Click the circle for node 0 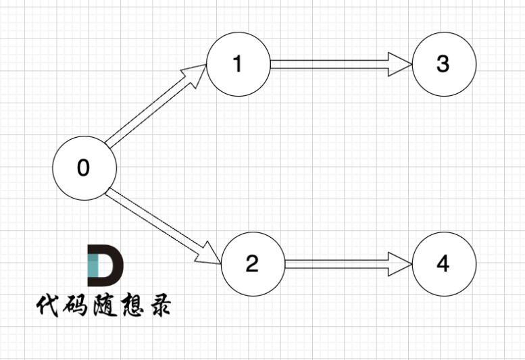coord(84,168)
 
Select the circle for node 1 coord(237,64)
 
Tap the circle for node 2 coord(252,263)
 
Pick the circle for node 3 coord(443,64)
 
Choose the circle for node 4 coord(443,263)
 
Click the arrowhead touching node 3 coord(401,65)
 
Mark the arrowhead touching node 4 coord(401,263)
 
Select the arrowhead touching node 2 coord(210,256)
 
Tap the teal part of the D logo coord(94,267)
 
